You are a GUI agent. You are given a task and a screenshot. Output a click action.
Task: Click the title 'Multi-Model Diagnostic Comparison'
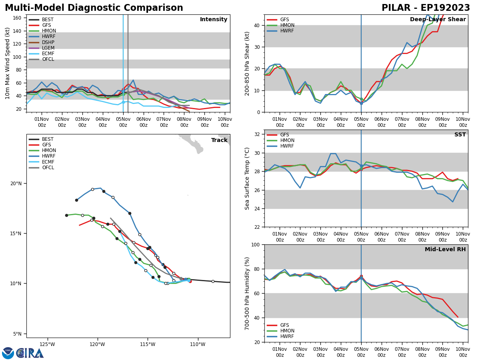94,8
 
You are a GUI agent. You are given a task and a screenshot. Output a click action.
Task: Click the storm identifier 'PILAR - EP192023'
426,8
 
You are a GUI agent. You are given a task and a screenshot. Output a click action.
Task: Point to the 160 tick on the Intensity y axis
18,18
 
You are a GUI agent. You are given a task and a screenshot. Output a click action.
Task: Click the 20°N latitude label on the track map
16,184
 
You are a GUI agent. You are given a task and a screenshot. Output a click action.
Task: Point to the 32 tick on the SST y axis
257,134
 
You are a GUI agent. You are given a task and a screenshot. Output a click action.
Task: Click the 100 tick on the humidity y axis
255,244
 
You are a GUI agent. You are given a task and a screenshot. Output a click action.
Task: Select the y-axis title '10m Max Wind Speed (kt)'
8,63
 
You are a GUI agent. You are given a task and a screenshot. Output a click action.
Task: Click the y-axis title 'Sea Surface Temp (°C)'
247,178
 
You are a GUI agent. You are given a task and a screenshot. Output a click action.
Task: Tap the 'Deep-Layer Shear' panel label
438,20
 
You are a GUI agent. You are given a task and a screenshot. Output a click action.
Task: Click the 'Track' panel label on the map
219,140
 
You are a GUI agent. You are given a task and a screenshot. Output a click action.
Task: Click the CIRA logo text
30,353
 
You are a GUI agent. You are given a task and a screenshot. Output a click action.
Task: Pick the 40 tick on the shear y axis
257,25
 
